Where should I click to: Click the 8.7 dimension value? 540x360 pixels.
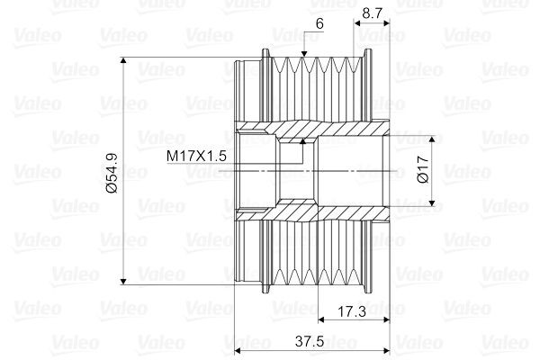click(373, 13)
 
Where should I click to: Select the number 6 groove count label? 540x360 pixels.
click(319, 23)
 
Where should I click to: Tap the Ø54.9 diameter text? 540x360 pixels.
click(112, 173)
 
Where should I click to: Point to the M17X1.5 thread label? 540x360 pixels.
click(196, 156)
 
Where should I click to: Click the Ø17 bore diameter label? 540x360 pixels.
click(422, 169)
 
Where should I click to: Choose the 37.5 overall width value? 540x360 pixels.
click(310, 341)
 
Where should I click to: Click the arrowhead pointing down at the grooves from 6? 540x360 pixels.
click(304, 54)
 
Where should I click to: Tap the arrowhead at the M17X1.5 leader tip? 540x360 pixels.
click(302, 141)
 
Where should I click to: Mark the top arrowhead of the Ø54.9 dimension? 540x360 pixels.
click(123, 60)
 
